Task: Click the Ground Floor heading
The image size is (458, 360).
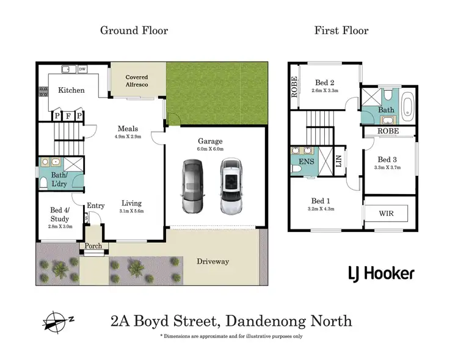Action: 134,30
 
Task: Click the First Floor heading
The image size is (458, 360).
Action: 341,30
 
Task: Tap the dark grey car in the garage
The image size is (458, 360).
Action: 192,186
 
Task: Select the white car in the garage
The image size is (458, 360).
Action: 231,186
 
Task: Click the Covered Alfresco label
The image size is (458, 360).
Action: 137,81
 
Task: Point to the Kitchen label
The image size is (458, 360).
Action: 71,90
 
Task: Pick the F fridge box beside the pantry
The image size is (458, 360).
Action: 68,115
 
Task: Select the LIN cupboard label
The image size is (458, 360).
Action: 339,160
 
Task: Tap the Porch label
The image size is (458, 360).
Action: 93,246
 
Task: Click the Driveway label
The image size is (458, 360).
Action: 213,262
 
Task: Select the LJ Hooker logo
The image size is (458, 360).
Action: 381,273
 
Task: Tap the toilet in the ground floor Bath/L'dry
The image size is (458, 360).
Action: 44,182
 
